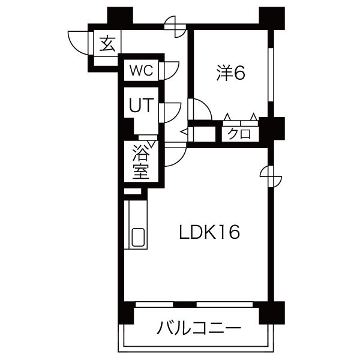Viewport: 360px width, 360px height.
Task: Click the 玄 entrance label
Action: (107, 44)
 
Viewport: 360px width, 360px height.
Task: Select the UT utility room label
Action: (140, 106)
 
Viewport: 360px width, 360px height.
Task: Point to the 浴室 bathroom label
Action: (141, 161)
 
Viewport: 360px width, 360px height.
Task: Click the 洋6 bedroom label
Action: (231, 73)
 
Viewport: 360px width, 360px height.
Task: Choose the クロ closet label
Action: (238, 134)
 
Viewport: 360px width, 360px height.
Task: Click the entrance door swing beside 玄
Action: (78, 42)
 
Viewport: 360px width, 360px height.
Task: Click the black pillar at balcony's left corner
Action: (124, 313)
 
